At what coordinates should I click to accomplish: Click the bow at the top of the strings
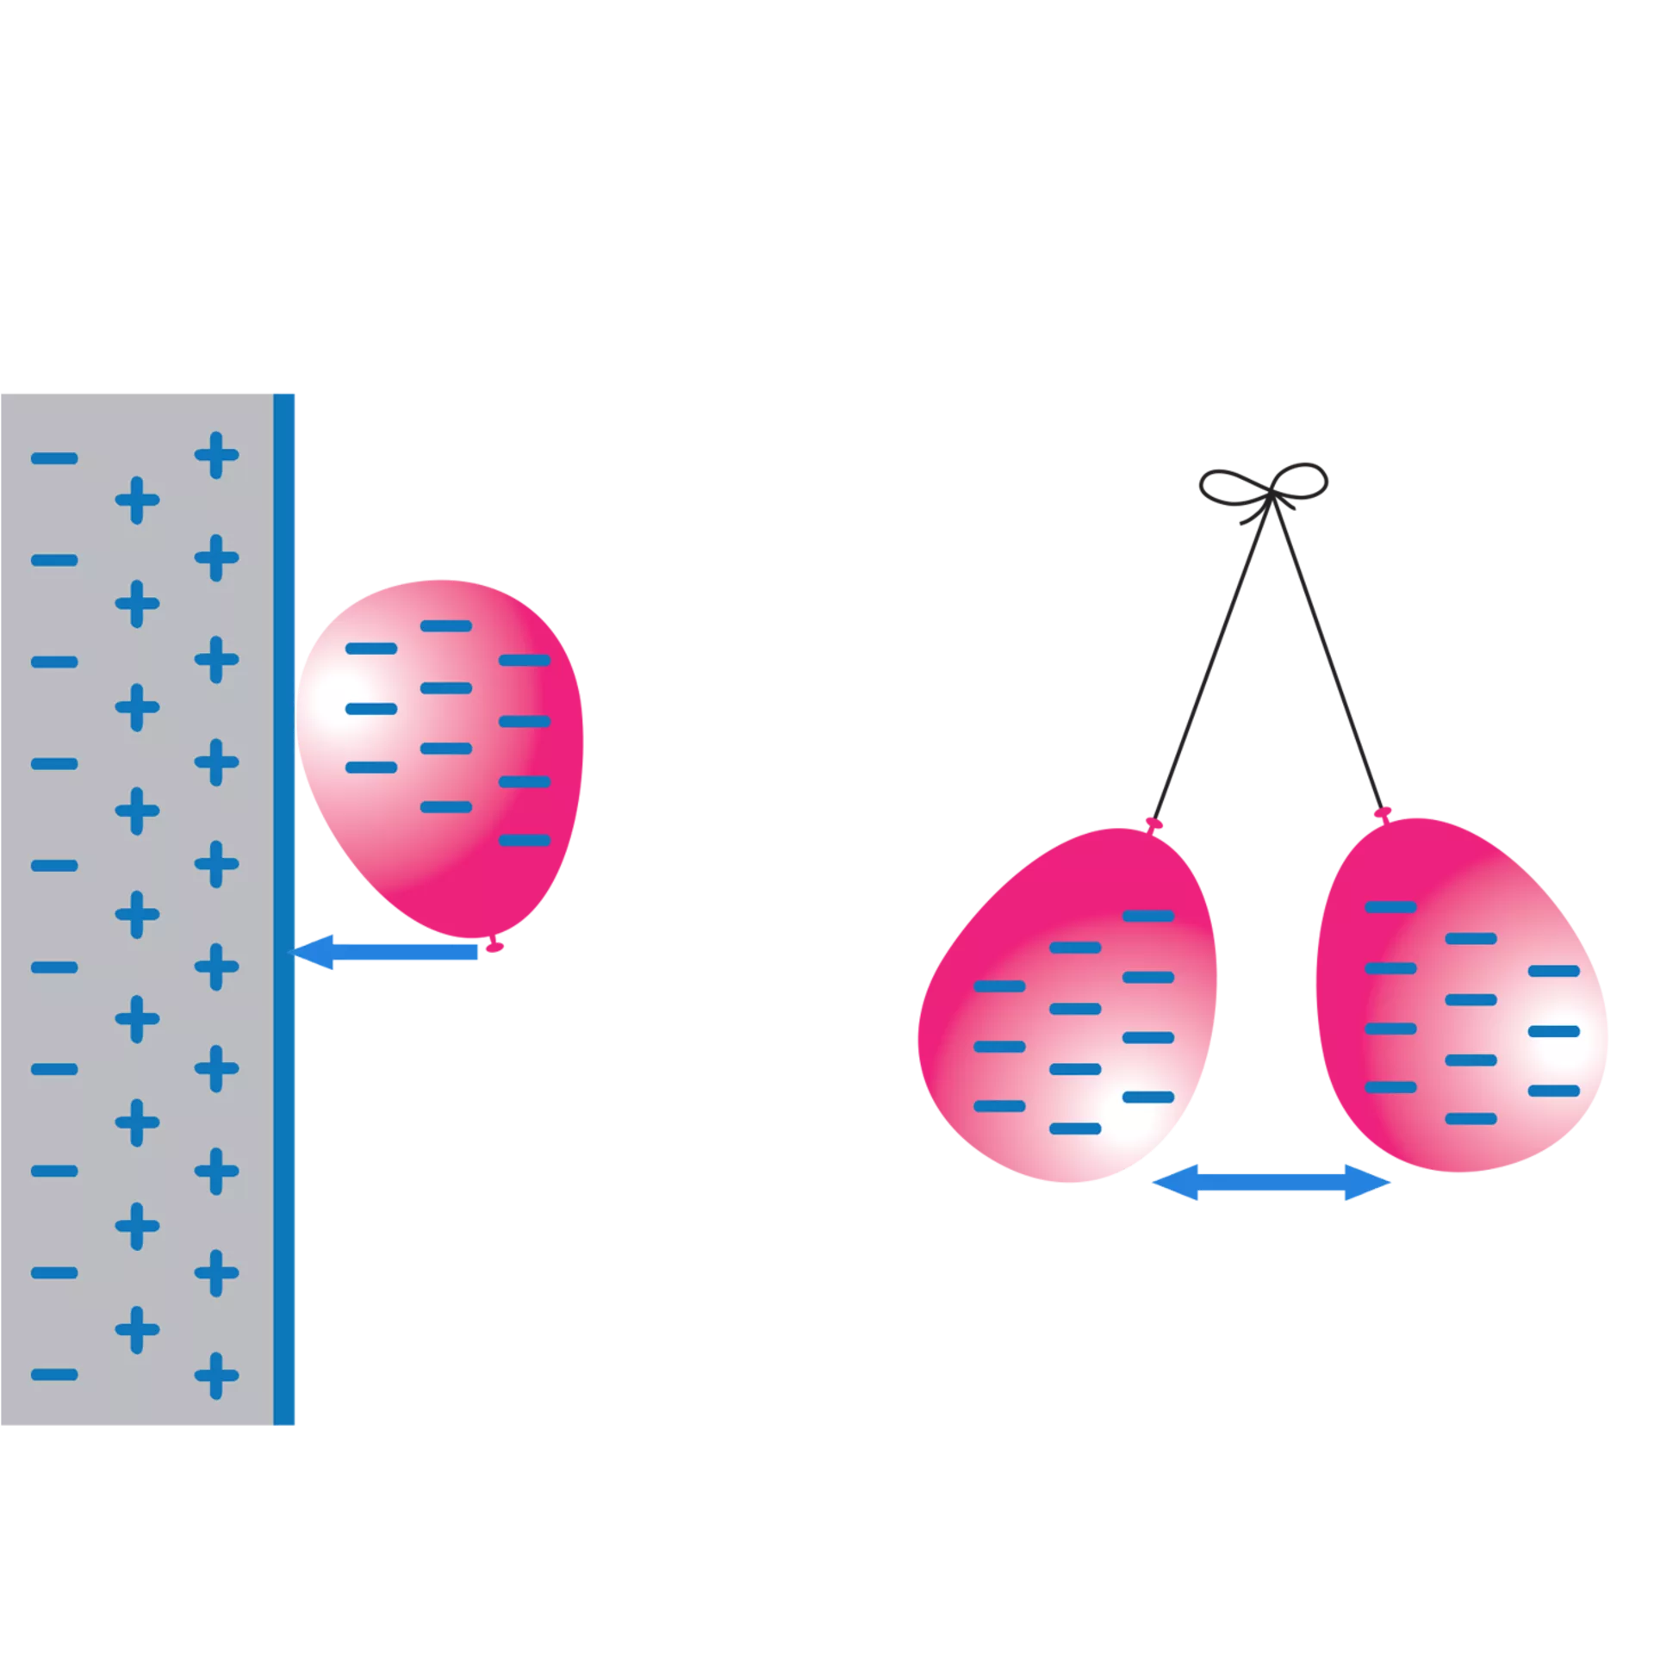click(x=1265, y=488)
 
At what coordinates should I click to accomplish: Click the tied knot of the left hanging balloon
click(x=1154, y=824)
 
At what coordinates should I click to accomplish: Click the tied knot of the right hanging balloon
click(x=1383, y=812)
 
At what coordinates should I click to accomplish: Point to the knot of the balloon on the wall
click(x=494, y=947)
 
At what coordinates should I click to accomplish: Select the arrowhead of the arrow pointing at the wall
click(x=312, y=952)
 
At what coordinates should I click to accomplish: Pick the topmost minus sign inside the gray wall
click(x=54, y=458)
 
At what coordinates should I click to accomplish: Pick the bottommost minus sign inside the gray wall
click(x=54, y=1374)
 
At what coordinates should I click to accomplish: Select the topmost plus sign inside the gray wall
click(x=216, y=455)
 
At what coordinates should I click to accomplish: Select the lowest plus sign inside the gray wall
click(x=216, y=1376)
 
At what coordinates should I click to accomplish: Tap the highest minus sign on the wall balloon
click(x=446, y=626)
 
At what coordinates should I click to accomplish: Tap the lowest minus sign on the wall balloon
click(x=525, y=840)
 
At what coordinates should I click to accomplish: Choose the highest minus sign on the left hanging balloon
click(x=1148, y=916)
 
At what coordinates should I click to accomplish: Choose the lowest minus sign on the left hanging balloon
click(x=1075, y=1129)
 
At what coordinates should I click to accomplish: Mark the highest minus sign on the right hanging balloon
click(x=1390, y=907)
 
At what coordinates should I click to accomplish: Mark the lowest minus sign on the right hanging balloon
click(x=1471, y=1119)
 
